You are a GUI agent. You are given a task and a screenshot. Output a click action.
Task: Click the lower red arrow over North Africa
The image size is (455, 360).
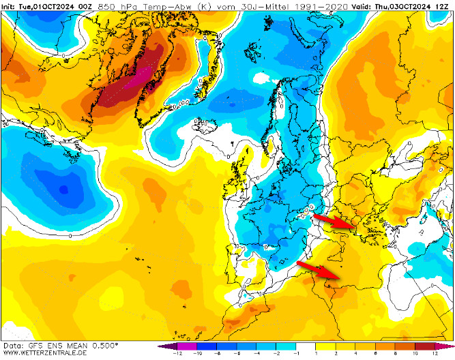319,269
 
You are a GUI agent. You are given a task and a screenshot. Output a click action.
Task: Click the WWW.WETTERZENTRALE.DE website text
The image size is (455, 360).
44,353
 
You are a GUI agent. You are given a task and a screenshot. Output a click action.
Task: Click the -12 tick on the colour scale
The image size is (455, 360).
177,354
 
